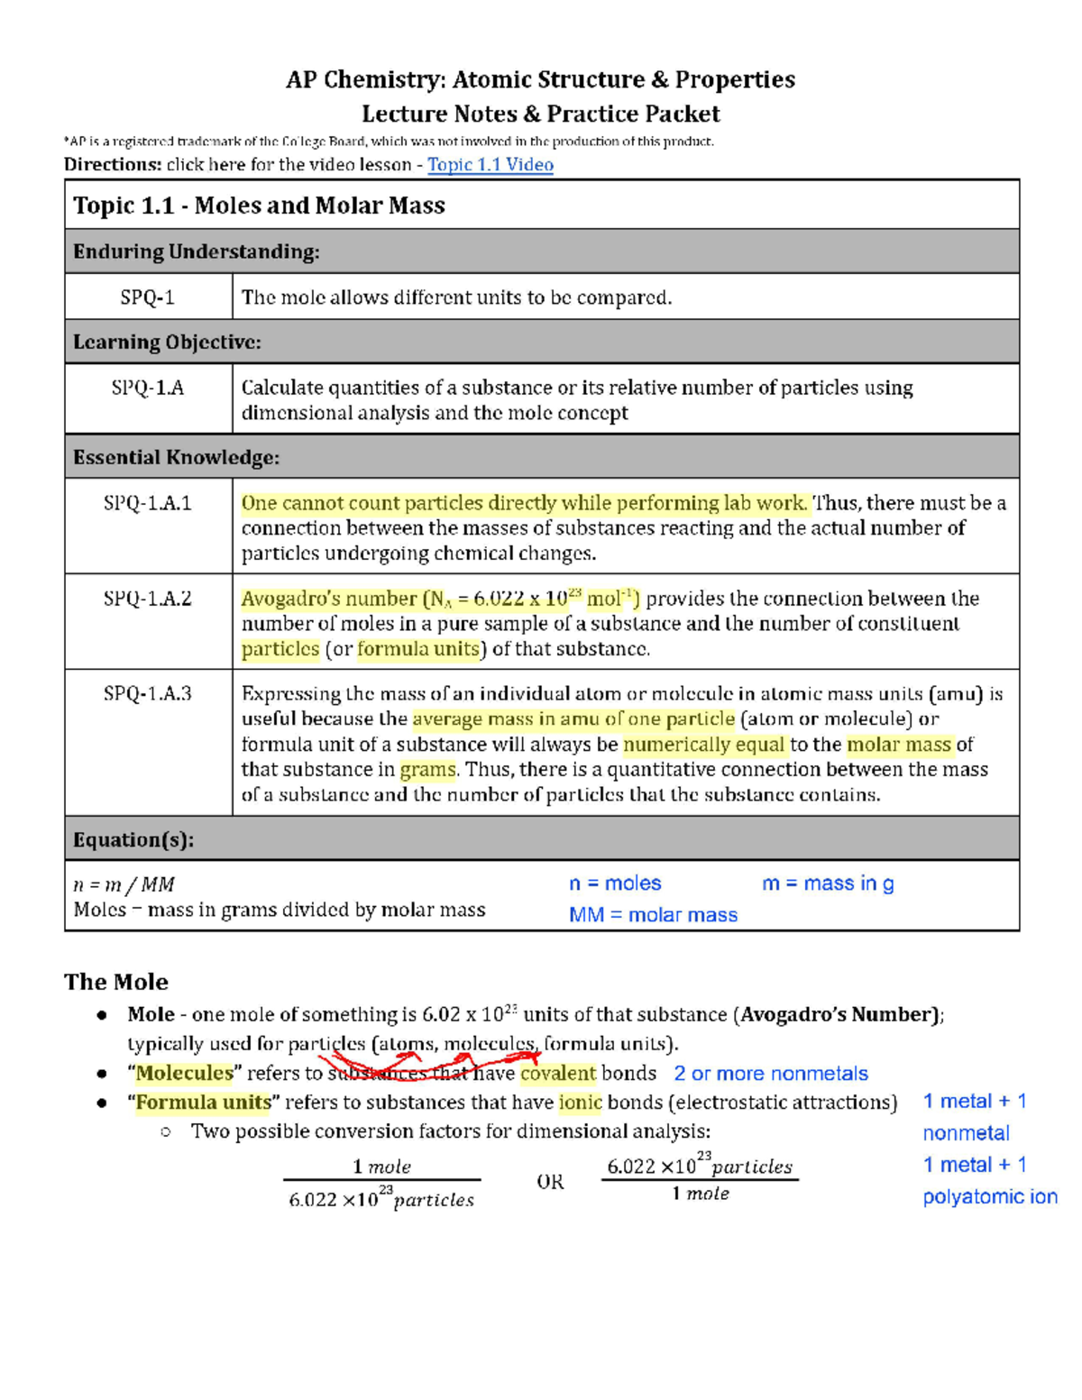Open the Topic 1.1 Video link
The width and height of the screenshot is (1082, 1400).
tap(490, 165)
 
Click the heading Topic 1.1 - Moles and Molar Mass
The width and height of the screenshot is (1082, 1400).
tap(259, 206)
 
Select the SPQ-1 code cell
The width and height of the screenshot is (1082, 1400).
tap(148, 297)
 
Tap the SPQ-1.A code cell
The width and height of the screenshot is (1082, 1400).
tap(148, 389)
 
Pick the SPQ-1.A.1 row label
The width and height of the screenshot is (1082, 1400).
tap(148, 504)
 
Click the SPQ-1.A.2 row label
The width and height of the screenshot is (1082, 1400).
tap(148, 599)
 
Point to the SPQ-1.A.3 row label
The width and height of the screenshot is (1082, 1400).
tap(148, 694)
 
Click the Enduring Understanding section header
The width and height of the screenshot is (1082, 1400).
tap(196, 252)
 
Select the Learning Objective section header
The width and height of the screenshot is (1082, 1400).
tap(167, 343)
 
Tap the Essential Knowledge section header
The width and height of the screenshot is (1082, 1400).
tap(176, 458)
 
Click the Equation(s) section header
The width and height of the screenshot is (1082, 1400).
tap(133, 840)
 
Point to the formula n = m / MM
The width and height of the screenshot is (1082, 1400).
tap(124, 885)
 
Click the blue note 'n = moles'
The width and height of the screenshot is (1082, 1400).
tap(615, 883)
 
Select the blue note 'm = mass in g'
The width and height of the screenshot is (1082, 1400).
tap(828, 883)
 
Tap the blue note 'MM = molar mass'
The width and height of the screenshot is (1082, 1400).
tap(653, 915)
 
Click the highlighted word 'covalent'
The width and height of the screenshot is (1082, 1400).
tap(558, 1074)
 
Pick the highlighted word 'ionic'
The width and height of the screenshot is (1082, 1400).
tap(580, 1103)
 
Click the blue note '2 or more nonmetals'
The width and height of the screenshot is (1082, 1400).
tap(770, 1074)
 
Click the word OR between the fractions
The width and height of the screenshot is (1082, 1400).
tap(550, 1182)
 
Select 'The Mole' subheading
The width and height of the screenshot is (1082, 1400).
tap(116, 982)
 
